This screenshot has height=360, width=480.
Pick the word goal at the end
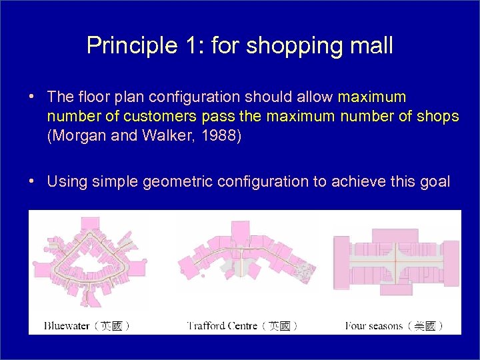434,181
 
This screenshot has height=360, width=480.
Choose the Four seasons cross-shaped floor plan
396,263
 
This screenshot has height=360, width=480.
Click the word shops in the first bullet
437,117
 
